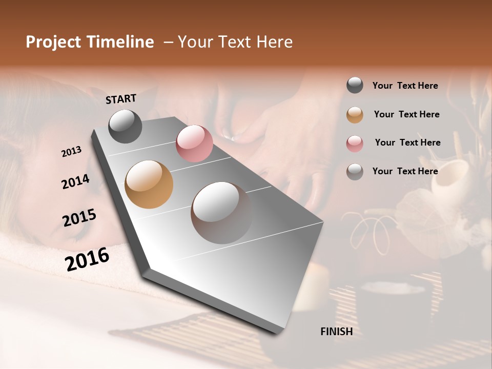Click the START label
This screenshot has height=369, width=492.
pos(121,99)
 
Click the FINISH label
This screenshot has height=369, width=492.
pos(336,332)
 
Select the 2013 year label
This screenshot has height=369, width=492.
pos(71,152)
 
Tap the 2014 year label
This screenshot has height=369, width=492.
pos(75,181)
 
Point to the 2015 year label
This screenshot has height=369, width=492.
pos(79,218)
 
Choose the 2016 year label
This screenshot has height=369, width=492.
pos(87,259)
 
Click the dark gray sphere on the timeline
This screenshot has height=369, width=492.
pos(125,126)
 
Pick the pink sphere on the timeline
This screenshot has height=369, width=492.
pos(194,143)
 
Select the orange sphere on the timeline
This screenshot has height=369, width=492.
pos(149,184)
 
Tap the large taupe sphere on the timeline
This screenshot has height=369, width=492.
pos(221,213)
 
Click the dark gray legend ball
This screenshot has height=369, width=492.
pos(355,86)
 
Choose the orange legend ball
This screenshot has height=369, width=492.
pos(355,115)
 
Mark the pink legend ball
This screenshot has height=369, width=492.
pos(355,143)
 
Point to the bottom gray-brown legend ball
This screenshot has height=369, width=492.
pos(355,172)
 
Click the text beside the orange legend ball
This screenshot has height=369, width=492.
pos(406,114)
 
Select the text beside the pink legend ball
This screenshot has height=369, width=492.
pos(407,142)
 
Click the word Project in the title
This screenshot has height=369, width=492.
pos(53,42)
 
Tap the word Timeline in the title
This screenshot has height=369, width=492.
pos(120,42)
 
